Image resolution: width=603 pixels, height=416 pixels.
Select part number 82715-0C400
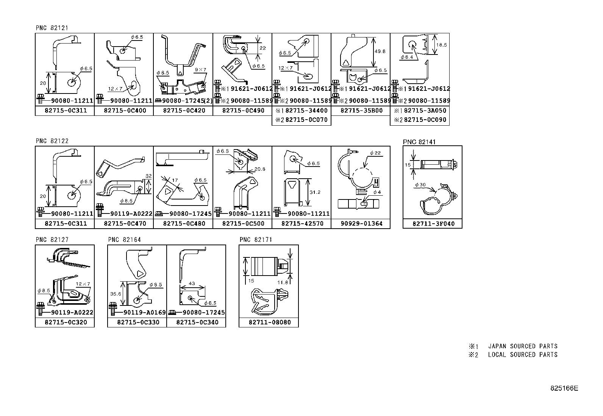(x=124, y=111)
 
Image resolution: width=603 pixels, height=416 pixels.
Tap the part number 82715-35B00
(x=361, y=111)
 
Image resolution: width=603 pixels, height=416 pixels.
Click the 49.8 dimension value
(x=381, y=51)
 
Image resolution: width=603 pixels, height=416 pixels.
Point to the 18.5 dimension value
(x=441, y=45)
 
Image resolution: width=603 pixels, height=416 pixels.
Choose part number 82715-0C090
(x=425, y=120)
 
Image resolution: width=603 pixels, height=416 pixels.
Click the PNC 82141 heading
(x=419, y=142)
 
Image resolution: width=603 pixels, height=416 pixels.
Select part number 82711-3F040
(x=432, y=224)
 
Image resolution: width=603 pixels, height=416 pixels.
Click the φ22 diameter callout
(x=375, y=153)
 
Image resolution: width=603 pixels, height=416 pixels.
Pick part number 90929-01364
(x=361, y=223)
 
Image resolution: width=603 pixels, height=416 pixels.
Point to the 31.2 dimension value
(x=315, y=192)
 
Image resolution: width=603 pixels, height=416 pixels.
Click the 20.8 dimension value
(x=260, y=169)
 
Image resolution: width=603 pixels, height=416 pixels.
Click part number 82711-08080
(x=270, y=322)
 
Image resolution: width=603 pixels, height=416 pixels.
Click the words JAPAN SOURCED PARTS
(x=523, y=346)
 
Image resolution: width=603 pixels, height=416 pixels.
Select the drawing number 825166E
(x=564, y=388)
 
